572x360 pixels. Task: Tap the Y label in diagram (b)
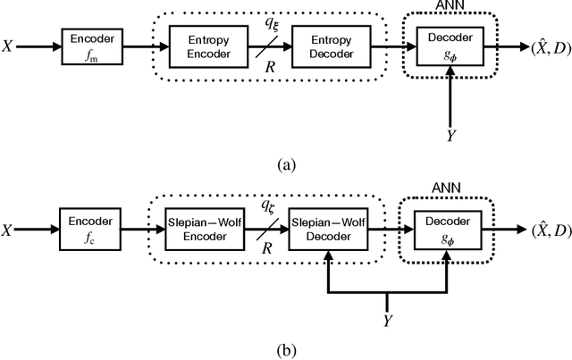click(386, 318)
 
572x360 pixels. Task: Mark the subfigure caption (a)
click(286, 163)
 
